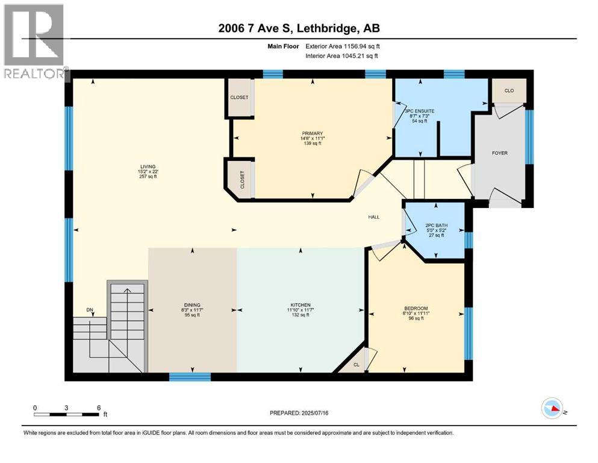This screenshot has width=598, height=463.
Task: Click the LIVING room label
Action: (148, 166)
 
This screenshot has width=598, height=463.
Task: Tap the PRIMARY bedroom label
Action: (313, 134)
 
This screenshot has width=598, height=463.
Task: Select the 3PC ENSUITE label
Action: (419, 112)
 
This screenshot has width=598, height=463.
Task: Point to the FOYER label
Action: (499, 153)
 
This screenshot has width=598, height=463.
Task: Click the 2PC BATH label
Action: (436, 225)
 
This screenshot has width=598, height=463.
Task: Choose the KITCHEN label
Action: (299, 304)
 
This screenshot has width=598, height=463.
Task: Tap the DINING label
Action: (192, 304)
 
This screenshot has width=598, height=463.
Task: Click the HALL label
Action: (374, 217)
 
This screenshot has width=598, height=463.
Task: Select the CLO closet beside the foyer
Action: (509, 90)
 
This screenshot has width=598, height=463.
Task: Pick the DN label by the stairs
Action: (90, 310)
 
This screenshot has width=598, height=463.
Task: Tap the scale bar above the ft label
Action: (67, 414)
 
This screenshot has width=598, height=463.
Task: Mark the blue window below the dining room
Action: (190, 377)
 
